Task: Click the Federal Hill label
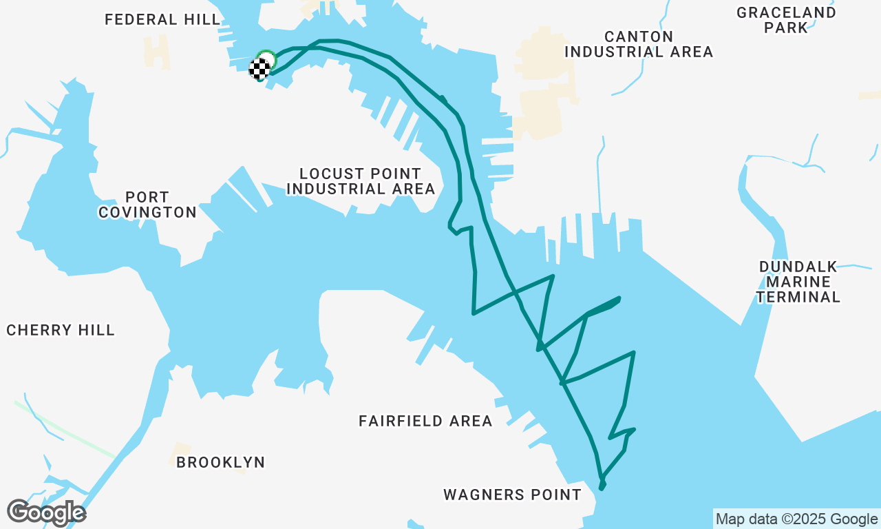pos(162,19)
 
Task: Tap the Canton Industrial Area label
pos(638,44)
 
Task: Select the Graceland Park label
pos(786,20)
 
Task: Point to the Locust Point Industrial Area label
pos(361,181)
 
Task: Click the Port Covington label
pos(147,205)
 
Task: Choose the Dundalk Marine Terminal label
pos(798,282)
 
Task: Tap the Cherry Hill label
pos(61,331)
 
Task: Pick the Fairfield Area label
pos(425,421)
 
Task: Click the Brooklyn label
pos(220,462)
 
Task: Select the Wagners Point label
pos(512,495)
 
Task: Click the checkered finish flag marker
pos(259,69)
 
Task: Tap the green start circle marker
pos(266,59)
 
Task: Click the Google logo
pos(46,512)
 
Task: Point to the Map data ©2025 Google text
pos(796,519)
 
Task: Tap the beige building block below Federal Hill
pos(157,52)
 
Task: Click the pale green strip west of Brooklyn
pos(65,428)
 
